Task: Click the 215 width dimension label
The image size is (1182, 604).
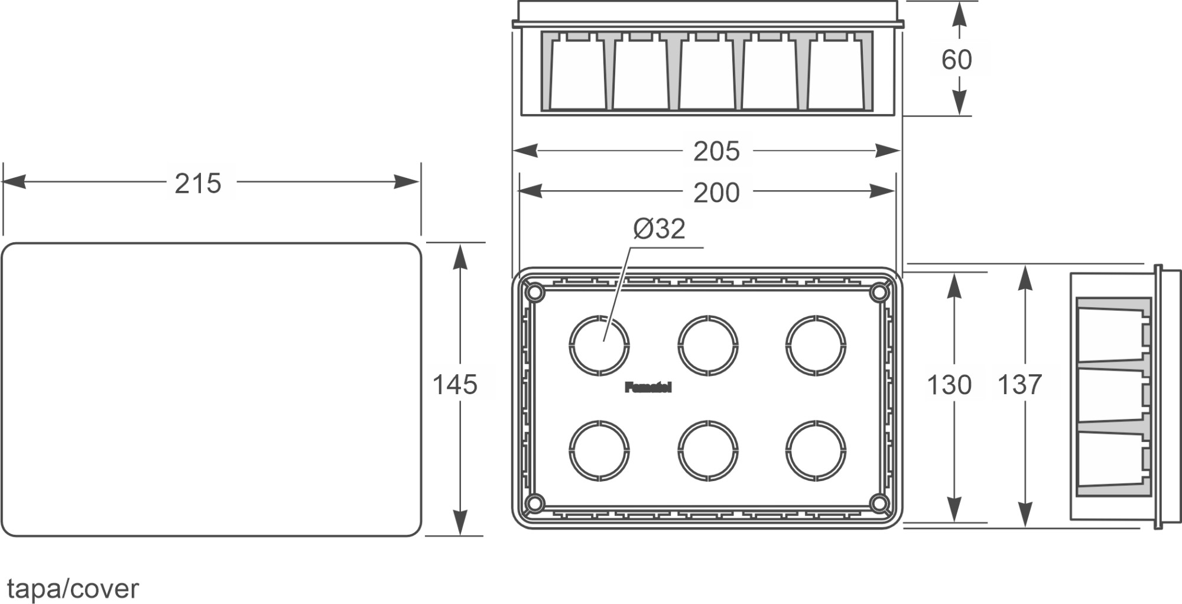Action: click(197, 183)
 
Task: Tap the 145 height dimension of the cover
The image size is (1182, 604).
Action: click(454, 385)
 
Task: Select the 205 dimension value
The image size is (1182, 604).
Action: click(716, 151)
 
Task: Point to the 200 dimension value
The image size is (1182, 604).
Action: click(716, 193)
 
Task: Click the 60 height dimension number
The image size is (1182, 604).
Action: click(956, 60)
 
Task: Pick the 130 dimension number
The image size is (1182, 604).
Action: click(949, 385)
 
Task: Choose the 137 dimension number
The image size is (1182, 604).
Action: click(1019, 385)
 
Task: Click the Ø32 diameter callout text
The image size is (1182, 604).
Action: click(659, 229)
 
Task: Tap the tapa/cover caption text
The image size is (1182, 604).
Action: click(73, 589)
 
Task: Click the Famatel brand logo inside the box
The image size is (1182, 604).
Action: click(648, 388)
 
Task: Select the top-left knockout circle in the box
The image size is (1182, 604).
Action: click(599, 346)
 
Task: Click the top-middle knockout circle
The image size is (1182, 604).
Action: click(707, 346)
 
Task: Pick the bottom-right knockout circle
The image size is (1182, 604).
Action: click(816, 450)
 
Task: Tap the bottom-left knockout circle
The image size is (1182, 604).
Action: click(599, 450)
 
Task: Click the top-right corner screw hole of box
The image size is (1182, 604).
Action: click(879, 293)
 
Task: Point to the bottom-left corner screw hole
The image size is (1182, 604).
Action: click(534, 504)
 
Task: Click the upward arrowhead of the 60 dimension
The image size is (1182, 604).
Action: click(959, 13)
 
